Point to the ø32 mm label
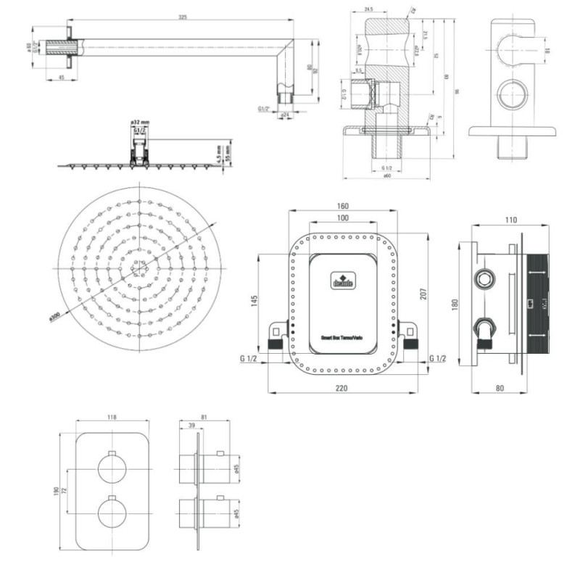tap(140, 123)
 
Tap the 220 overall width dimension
tap(342, 388)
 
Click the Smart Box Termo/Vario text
tap(343, 337)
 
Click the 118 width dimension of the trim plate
tap(112, 418)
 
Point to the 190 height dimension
tap(56, 491)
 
